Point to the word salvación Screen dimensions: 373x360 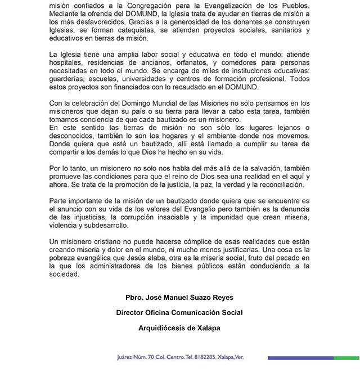240,168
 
